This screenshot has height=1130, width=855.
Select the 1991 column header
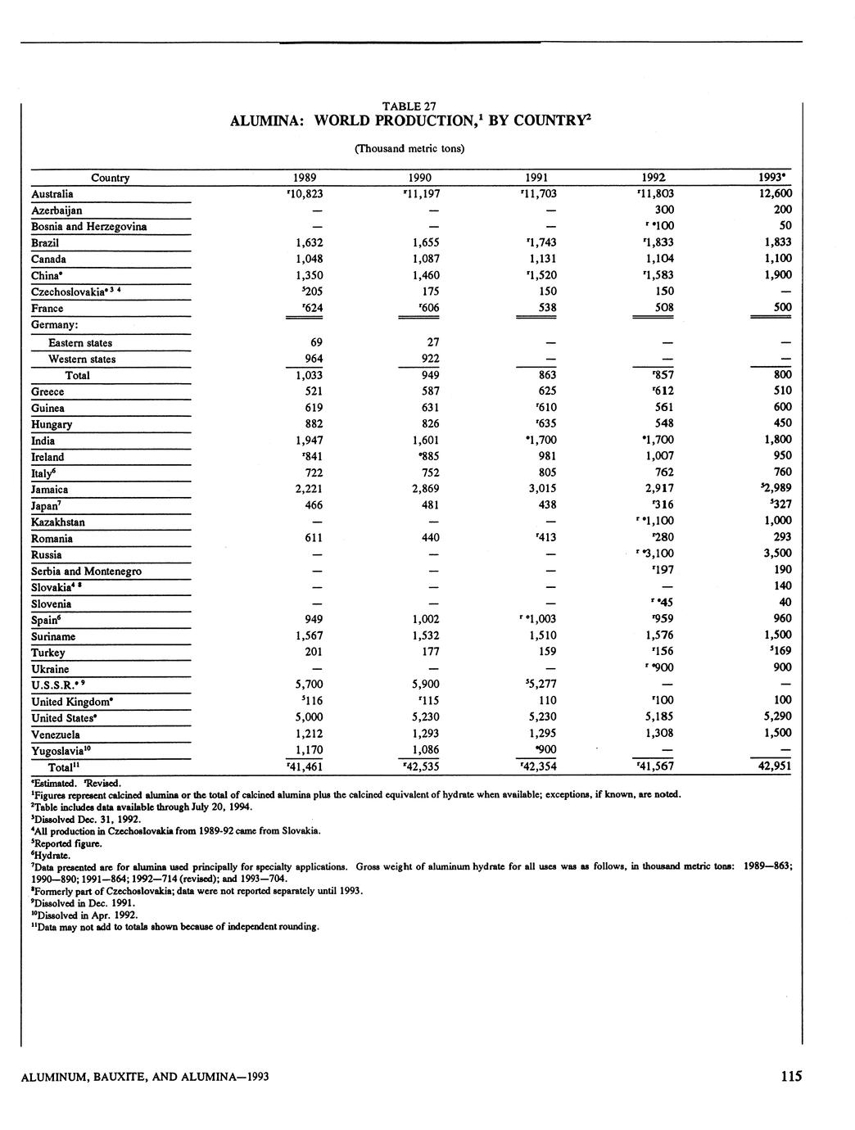point(536,178)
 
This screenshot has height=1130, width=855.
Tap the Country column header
point(110,178)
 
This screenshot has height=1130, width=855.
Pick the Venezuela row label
point(56,734)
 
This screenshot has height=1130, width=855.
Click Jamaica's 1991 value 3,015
point(541,489)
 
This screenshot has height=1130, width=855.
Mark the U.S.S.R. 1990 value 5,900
point(423,685)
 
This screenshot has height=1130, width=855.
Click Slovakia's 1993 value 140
point(781,586)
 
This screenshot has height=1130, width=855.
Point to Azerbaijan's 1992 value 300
point(664,210)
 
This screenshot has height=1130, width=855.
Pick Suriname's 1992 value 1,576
point(658,635)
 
